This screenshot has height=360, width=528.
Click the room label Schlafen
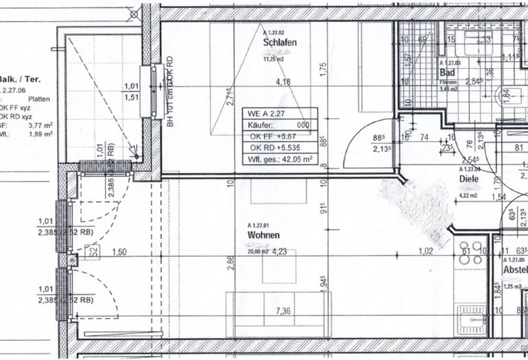click(x=278, y=43)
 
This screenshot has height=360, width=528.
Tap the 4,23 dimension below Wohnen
click(x=280, y=251)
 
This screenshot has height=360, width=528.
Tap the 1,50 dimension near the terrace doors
click(x=121, y=252)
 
